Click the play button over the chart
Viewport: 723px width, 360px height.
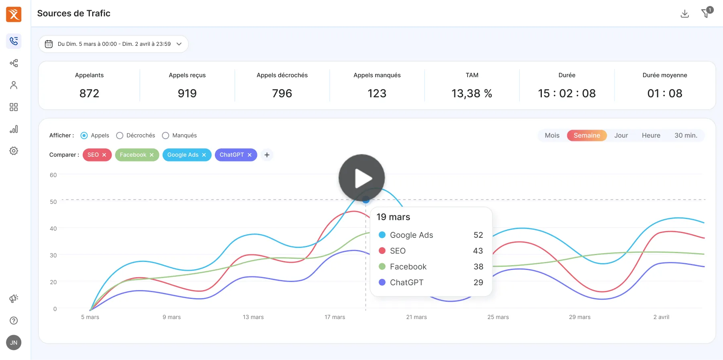pyautogui.click(x=361, y=178)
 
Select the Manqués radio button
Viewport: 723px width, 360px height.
pyautogui.click(x=165, y=135)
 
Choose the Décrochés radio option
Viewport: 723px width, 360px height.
pyautogui.click(x=120, y=135)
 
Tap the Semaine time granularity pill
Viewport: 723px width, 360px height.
pyautogui.click(x=586, y=135)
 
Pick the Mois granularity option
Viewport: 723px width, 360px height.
pyautogui.click(x=552, y=135)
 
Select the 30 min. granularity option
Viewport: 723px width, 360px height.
pyautogui.click(x=686, y=135)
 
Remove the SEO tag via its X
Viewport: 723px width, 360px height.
pyautogui.click(x=104, y=155)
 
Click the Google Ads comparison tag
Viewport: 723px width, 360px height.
pyautogui.click(x=183, y=155)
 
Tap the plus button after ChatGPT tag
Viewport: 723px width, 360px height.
pyautogui.click(x=267, y=155)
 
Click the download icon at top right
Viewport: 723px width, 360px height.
pyautogui.click(x=685, y=14)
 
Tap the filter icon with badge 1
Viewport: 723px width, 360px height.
pyautogui.click(x=705, y=14)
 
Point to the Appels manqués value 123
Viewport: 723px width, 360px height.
pyautogui.click(x=377, y=94)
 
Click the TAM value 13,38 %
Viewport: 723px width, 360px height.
pyautogui.click(x=472, y=94)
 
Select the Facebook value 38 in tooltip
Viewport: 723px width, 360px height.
pyautogui.click(x=478, y=267)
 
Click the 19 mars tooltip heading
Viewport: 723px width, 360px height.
pyautogui.click(x=393, y=217)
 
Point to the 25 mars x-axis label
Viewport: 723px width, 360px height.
pyautogui.click(x=498, y=317)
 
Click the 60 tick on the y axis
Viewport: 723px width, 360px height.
pyautogui.click(x=53, y=175)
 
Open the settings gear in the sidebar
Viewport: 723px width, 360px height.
pyautogui.click(x=14, y=151)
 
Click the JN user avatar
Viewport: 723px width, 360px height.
pyautogui.click(x=14, y=342)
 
